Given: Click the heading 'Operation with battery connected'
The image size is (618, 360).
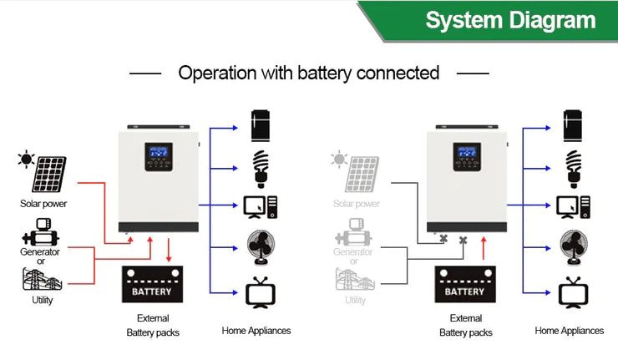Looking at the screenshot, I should [x=308, y=73].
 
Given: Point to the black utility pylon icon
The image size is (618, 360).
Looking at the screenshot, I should [x=39, y=279].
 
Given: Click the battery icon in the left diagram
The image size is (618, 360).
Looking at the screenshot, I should [x=152, y=286].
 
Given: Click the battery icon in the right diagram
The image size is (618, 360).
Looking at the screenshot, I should [x=464, y=286].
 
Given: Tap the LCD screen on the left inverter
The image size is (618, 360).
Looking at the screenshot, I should [x=160, y=155].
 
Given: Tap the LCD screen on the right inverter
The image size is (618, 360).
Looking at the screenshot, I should [x=468, y=155].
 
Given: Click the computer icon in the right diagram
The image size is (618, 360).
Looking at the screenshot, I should [x=573, y=205].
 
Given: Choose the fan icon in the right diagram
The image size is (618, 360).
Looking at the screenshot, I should [x=572, y=247].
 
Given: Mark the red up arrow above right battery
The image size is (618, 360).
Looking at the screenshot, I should [x=483, y=248].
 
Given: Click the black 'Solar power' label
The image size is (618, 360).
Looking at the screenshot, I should [x=43, y=203].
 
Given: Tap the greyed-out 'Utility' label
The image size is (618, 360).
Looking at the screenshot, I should [x=355, y=300].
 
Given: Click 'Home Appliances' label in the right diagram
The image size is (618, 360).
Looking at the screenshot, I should [x=569, y=331].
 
